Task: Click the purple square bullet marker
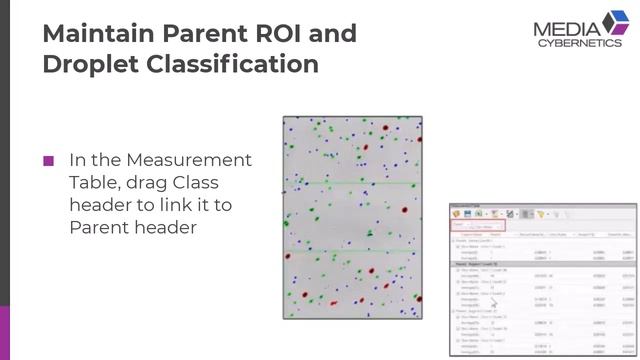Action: pos(48,161)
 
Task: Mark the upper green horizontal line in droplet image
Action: pos(352,183)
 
